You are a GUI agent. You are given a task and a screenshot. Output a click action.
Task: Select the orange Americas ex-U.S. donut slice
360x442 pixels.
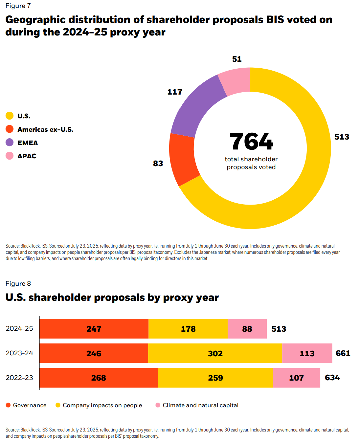pos(183,159)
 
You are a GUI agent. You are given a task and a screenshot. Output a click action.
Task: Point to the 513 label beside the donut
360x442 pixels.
pos(342,137)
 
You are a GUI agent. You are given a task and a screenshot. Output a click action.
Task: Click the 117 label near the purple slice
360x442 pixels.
pos(175,92)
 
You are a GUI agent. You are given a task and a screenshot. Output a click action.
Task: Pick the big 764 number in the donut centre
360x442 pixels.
pos(251,142)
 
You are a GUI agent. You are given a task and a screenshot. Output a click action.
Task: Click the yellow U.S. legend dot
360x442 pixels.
pos(10,116)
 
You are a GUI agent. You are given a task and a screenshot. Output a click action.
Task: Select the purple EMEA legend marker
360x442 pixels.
pos(10,143)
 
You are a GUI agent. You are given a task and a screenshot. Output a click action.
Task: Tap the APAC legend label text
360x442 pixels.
pos(27,156)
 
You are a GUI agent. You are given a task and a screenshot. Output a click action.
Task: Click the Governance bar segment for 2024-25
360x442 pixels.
pos(94,329)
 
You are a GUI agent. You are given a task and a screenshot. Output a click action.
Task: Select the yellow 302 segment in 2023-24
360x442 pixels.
pos(215,353)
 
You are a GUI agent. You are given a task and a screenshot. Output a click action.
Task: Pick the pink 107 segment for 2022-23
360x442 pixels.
pos(296,378)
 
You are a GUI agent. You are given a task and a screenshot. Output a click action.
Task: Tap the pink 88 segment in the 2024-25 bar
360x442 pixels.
pos(247,329)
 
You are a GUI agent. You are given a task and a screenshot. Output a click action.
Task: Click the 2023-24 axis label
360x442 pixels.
pos(19,353)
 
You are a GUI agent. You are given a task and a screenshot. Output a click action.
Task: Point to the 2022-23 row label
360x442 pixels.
pos(19,378)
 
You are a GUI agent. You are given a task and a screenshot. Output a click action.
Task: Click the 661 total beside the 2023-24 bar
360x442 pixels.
pos(343,353)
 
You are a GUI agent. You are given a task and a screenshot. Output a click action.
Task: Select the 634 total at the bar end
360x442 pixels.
pos(332,378)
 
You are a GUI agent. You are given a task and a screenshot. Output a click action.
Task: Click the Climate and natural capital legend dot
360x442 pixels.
pos(158,405)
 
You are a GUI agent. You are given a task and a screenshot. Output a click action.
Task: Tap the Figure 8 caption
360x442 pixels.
pos(18,283)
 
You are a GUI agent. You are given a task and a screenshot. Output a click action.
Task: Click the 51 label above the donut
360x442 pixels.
pos(236,59)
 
